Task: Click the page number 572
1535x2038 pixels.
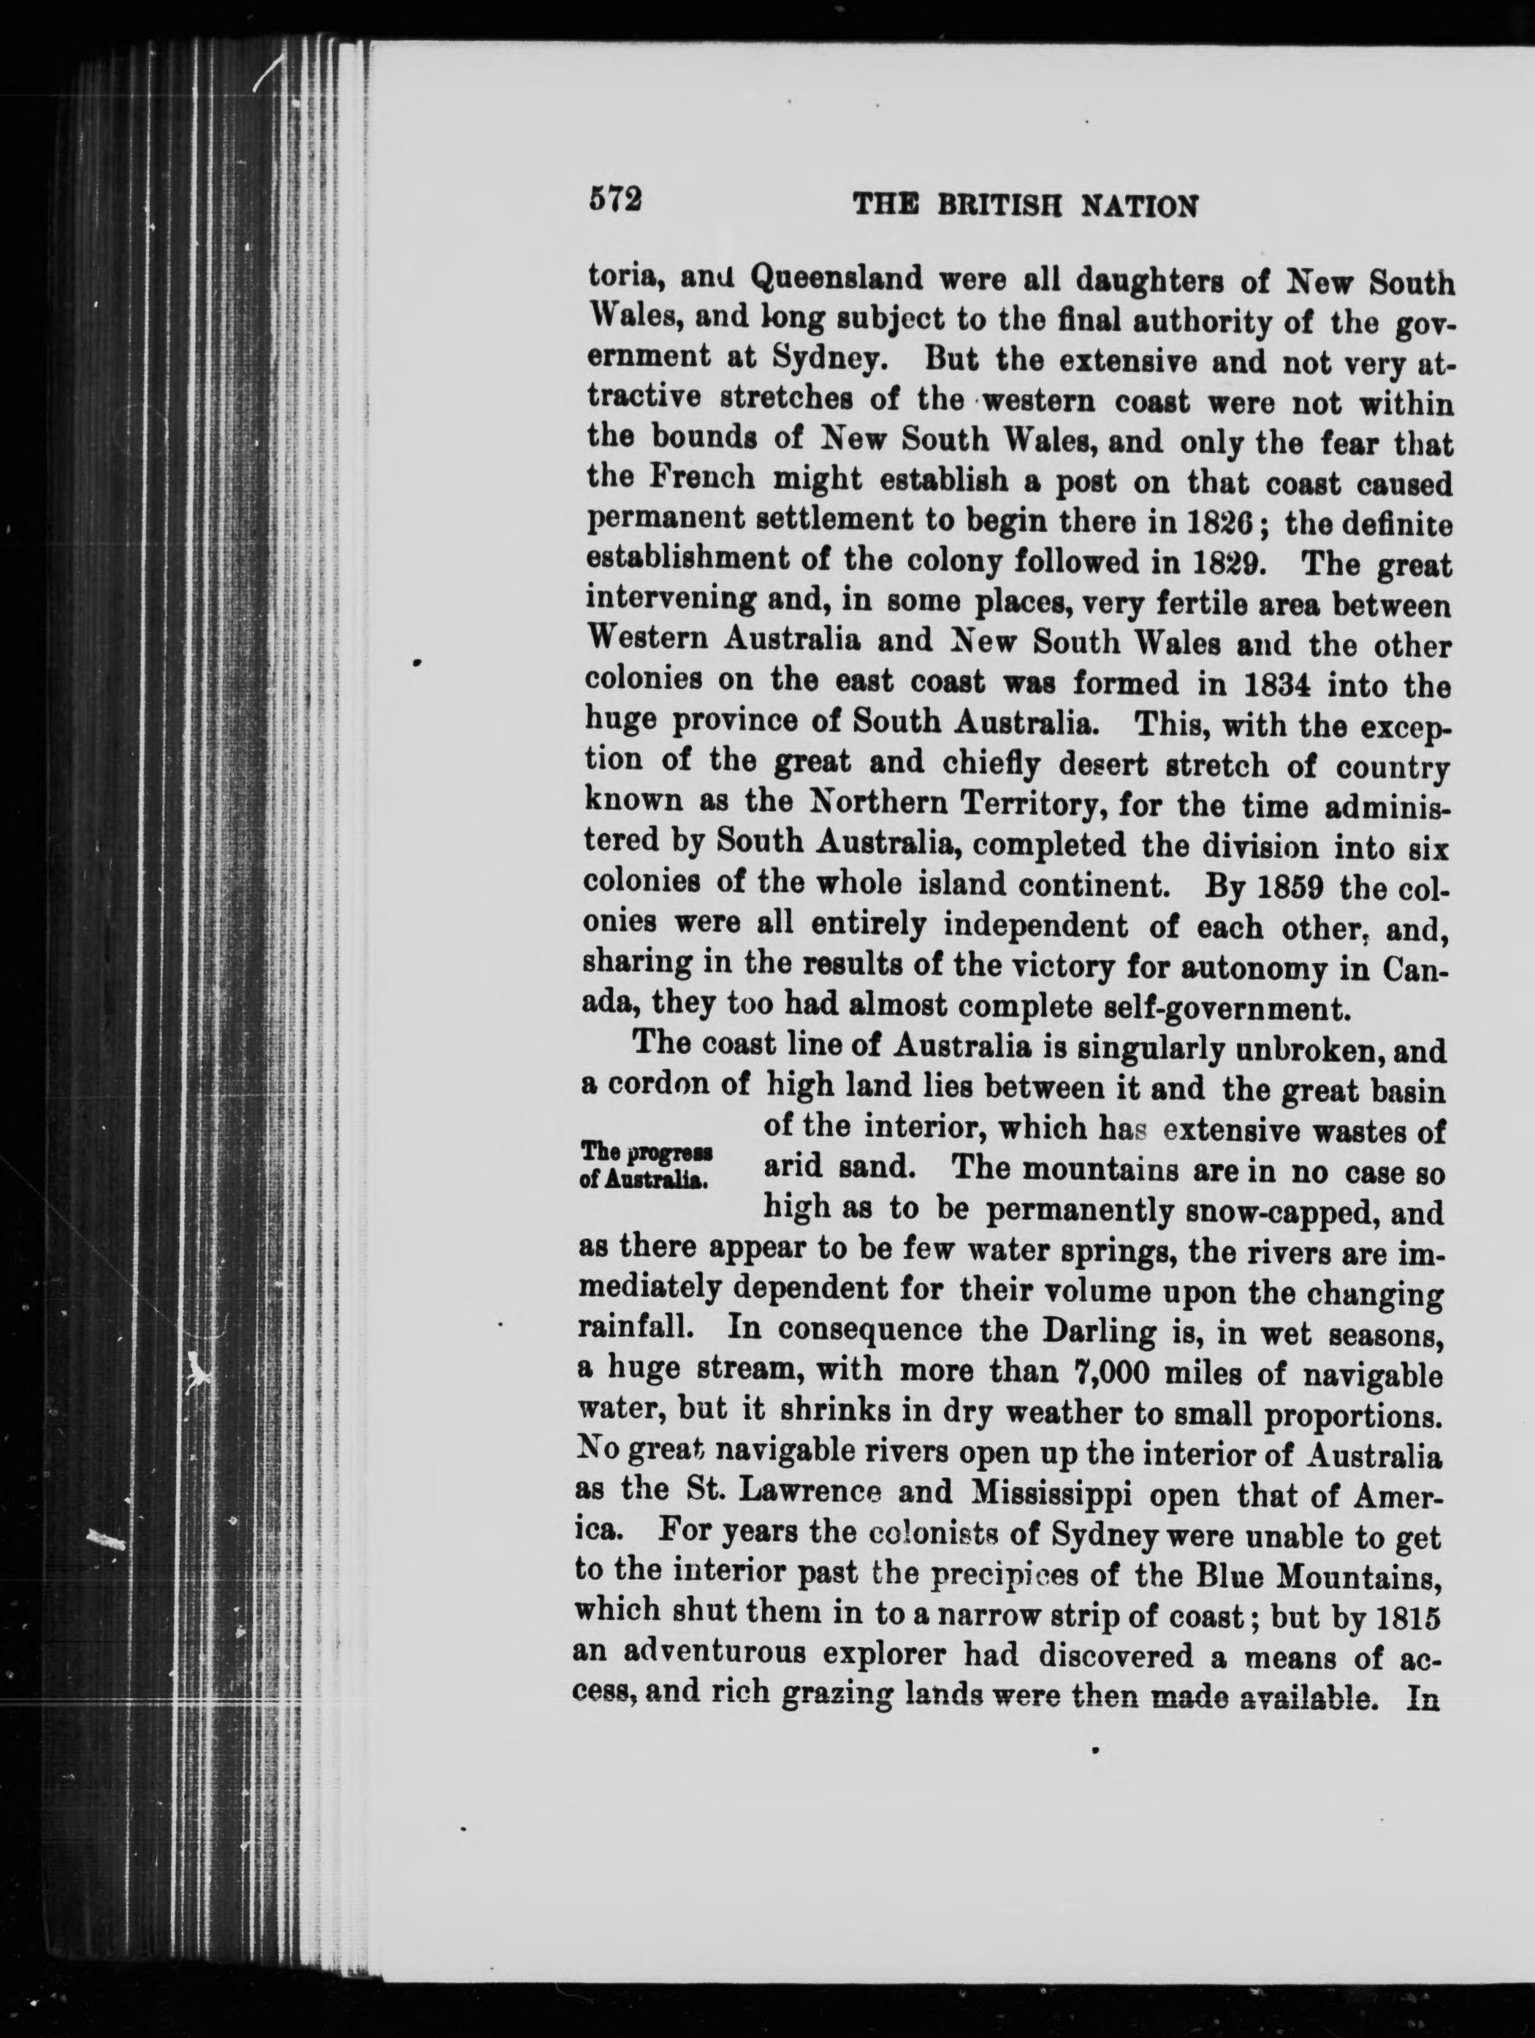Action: [x=614, y=201]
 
